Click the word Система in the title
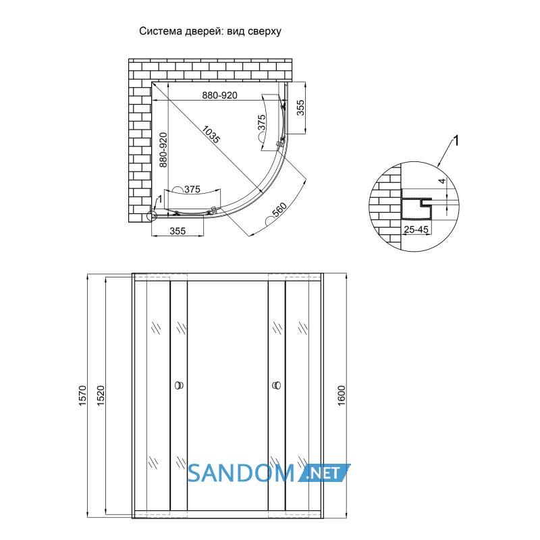click(x=161, y=31)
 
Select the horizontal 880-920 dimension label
click(x=220, y=95)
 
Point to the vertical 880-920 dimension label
click(x=163, y=150)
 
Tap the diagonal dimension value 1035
click(x=211, y=134)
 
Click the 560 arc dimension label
click(x=279, y=211)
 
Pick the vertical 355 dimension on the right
click(x=300, y=107)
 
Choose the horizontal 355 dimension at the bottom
click(x=178, y=231)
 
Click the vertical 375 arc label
click(x=262, y=123)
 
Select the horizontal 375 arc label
click(x=192, y=189)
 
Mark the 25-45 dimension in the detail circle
click(x=416, y=230)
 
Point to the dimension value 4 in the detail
click(x=443, y=181)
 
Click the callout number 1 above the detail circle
click(x=456, y=141)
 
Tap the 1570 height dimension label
click(x=82, y=396)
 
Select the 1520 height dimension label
click(x=101, y=396)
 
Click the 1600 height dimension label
click(x=341, y=396)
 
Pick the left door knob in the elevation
click(x=180, y=385)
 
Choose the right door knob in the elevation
click(x=276, y=385)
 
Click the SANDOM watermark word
click(x=241, y=473)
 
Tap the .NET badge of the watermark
click(x=324, y=473)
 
